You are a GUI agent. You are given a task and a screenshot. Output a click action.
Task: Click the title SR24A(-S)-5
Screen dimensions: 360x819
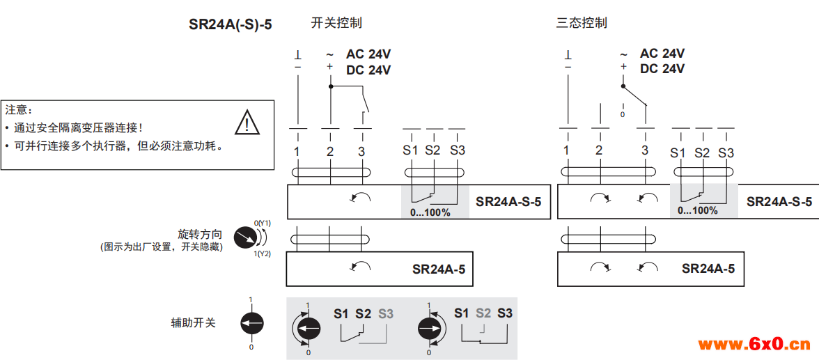231,24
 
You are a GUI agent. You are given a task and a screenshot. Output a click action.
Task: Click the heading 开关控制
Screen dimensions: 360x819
336,23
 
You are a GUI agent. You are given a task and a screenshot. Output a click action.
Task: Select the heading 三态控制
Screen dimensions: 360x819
582,23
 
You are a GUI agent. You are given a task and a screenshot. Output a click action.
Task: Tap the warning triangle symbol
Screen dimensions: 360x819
247,123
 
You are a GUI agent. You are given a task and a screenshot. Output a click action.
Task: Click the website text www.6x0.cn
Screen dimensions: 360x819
754,344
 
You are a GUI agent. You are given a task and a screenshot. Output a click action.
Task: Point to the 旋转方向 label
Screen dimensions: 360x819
201,234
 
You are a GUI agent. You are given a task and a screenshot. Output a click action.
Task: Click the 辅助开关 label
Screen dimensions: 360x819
194,323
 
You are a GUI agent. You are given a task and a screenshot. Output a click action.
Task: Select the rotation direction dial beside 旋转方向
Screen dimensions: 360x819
244,237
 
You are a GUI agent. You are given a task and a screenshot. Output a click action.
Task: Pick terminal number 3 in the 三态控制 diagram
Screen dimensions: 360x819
645,150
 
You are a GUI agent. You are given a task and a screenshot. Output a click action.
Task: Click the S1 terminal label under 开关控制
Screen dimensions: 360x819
410,150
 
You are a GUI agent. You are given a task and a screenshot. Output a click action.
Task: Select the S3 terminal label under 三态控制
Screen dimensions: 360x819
726,152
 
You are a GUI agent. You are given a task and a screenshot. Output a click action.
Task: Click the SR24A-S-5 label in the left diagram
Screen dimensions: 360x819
508,202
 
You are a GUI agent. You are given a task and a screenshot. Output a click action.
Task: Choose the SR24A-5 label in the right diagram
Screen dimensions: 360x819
708,269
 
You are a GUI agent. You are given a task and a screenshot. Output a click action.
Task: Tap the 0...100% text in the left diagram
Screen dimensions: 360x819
430,212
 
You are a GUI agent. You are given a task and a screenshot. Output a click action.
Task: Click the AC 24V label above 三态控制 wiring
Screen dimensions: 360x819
662,54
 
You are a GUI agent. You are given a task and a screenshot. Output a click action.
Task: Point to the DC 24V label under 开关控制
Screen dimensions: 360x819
368,70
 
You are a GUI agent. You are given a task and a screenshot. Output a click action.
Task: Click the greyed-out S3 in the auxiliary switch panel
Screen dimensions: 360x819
386,314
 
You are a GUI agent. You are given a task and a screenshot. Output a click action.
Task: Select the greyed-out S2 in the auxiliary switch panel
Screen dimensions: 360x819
483,313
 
